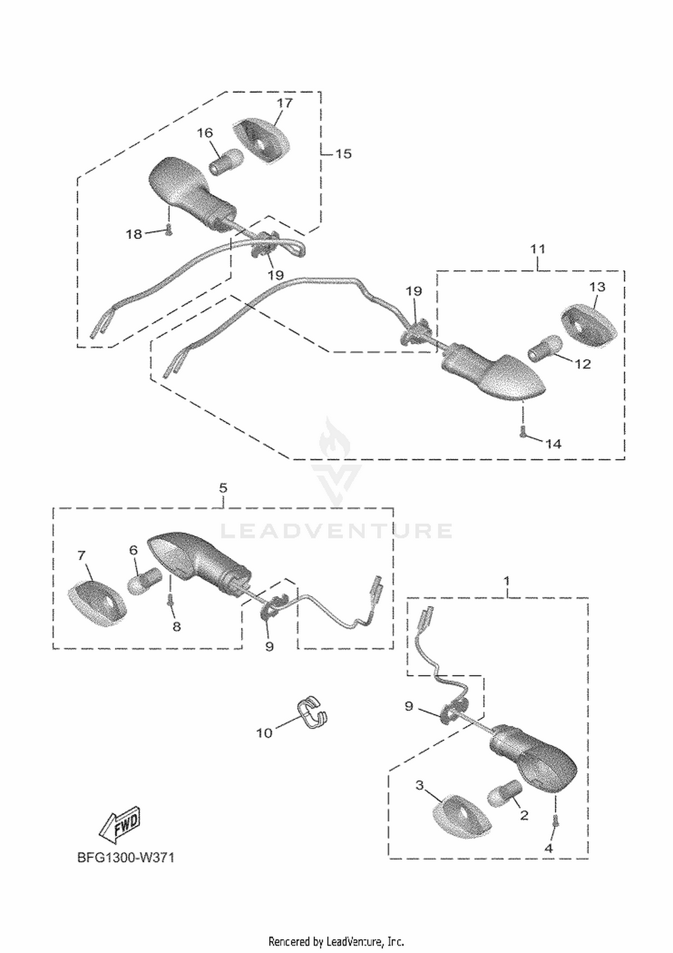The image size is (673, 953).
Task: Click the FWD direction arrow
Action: click(x=119, y=826)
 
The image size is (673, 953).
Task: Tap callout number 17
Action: click(x=284, y=103)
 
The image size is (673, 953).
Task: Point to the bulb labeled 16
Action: click(x=226, y=162)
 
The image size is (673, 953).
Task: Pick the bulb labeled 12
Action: click(x=544, y=347)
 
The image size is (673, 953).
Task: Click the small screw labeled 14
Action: click(x=522, y=431)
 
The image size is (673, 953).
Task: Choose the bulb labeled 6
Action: click(x=144, y=581)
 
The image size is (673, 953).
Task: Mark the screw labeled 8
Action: click(x=170, y=600)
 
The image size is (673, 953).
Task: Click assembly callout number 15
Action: click(x=344, y=154)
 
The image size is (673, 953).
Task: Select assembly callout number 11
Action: click(x=538, y=249)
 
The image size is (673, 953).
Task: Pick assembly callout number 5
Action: click(x=223, y=487)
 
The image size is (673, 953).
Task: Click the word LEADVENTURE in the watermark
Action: click(x=336, y=531)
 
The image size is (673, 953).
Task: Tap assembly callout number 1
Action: click(x=507, y=581)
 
